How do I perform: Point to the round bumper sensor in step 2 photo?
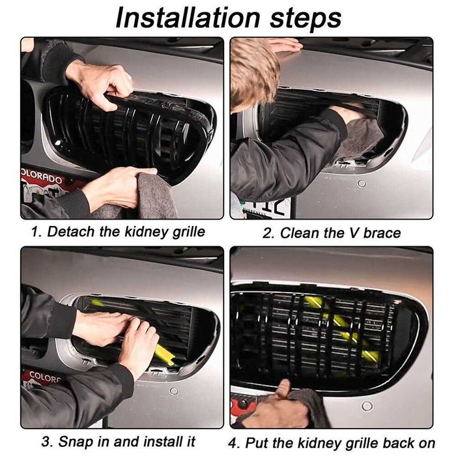pos(362,184)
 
